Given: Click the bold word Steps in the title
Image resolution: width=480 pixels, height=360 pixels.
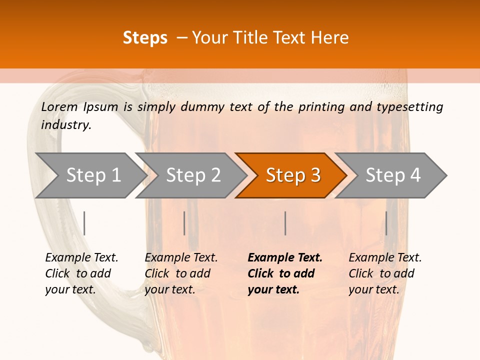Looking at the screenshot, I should (145, 38).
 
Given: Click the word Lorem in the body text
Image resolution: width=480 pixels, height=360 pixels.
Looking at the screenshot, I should (59, 106).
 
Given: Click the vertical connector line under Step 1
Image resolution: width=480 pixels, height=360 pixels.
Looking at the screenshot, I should (84, 223).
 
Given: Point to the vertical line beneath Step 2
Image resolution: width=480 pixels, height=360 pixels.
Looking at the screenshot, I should (184, 223).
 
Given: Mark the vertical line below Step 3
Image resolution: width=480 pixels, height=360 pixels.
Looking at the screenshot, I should (285, 223).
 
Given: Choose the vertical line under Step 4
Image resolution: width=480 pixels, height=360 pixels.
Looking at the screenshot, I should (386, 223).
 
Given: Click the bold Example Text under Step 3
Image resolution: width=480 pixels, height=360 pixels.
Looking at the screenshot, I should (285, 258).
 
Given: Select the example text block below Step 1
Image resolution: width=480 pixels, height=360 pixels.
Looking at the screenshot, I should (81, 273).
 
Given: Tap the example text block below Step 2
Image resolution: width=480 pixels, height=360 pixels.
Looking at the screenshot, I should (181, 273).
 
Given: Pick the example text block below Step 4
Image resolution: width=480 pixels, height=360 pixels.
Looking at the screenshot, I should (385, 273).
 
